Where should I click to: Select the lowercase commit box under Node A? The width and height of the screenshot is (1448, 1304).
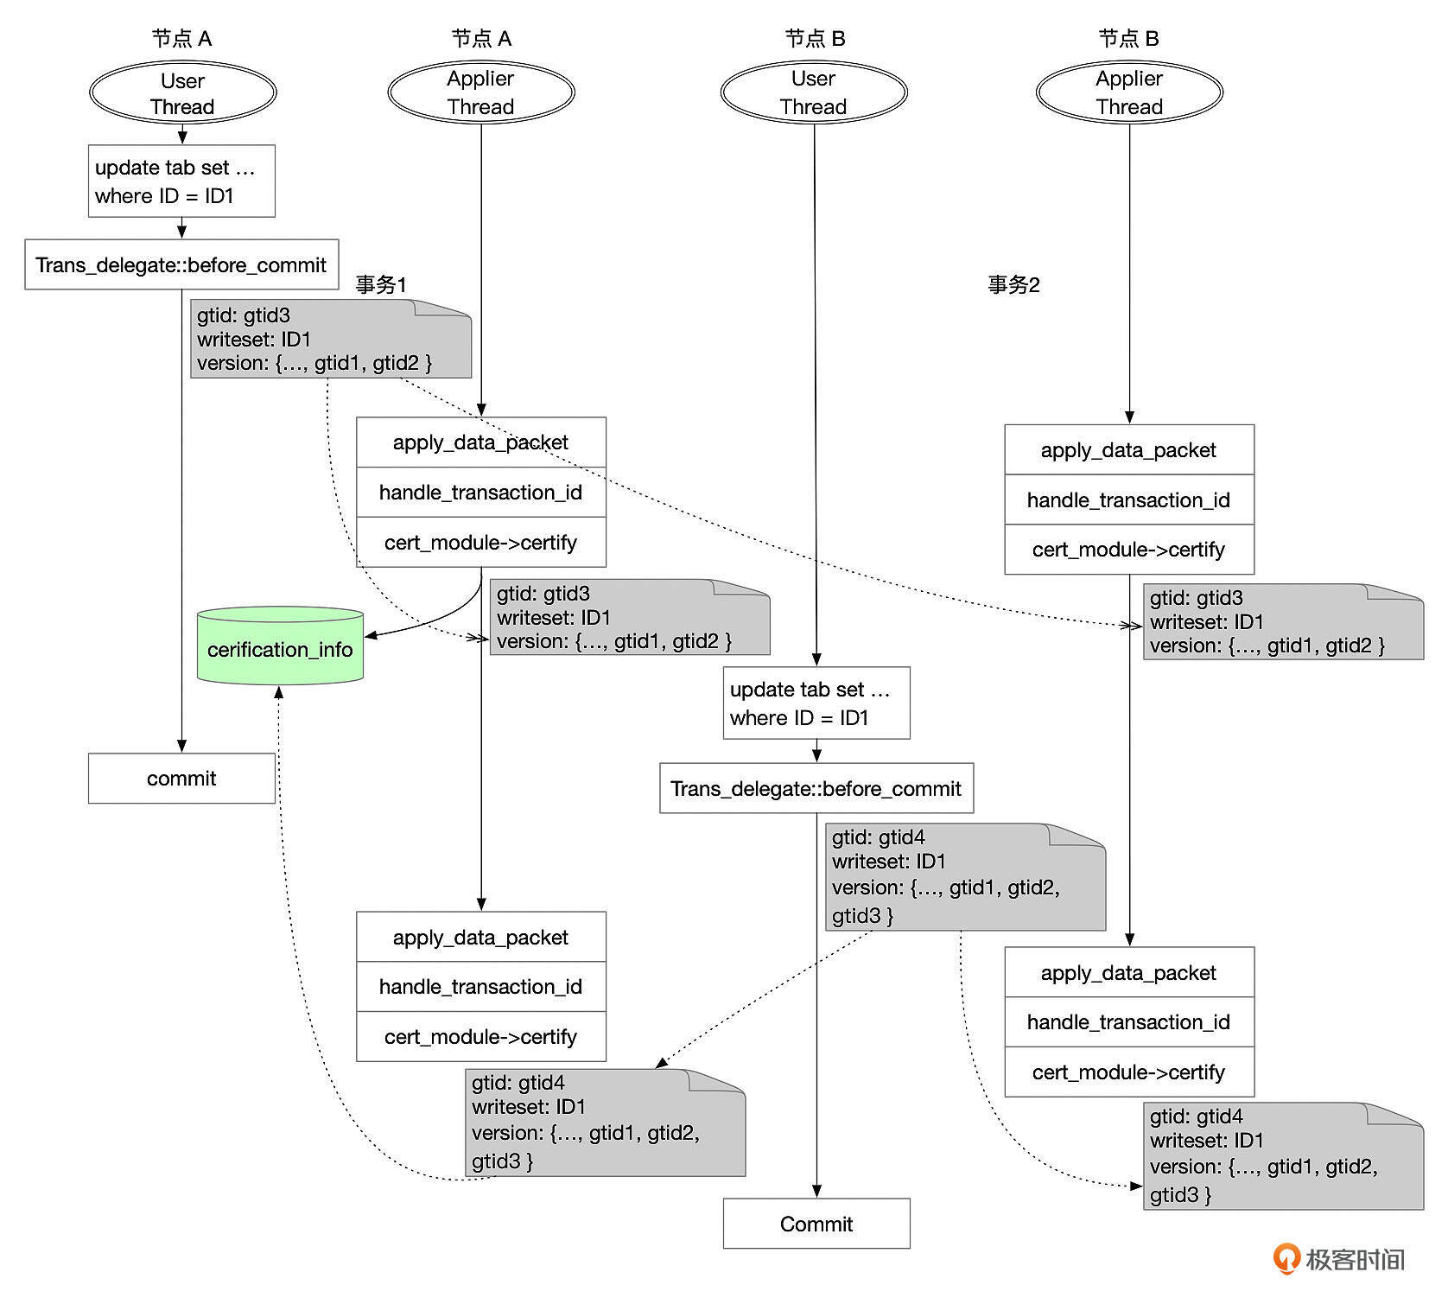[181, 778]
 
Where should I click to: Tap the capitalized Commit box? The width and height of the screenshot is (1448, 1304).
[816, 1223]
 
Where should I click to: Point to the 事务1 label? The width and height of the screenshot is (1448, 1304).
[381, 284]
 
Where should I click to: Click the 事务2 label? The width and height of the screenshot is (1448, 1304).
[1013, 284]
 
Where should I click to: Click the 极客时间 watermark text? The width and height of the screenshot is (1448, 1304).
[1355, 1259]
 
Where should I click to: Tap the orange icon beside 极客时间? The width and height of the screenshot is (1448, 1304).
[1286, 1258]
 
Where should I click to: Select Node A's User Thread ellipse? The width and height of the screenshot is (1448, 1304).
[182, 92]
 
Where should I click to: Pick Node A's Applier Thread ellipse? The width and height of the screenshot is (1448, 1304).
[481, 92]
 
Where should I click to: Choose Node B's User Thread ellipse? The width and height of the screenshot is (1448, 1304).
[814, 92]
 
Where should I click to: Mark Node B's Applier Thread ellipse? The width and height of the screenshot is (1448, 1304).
[1129, 92]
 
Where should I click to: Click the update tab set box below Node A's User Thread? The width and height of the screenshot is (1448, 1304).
[181, 181]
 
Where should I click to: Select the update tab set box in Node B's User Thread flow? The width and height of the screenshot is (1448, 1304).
[816, 703]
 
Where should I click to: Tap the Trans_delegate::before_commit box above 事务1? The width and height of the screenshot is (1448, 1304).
[181, 264]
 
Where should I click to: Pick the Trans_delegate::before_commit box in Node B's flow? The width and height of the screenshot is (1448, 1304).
[816, 788]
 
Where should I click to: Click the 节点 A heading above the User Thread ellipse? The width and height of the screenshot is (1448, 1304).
[181, 38]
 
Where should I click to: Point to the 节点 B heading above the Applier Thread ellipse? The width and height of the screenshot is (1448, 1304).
[1128, 38]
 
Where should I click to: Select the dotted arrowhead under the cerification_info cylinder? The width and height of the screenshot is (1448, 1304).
[278, 692]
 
